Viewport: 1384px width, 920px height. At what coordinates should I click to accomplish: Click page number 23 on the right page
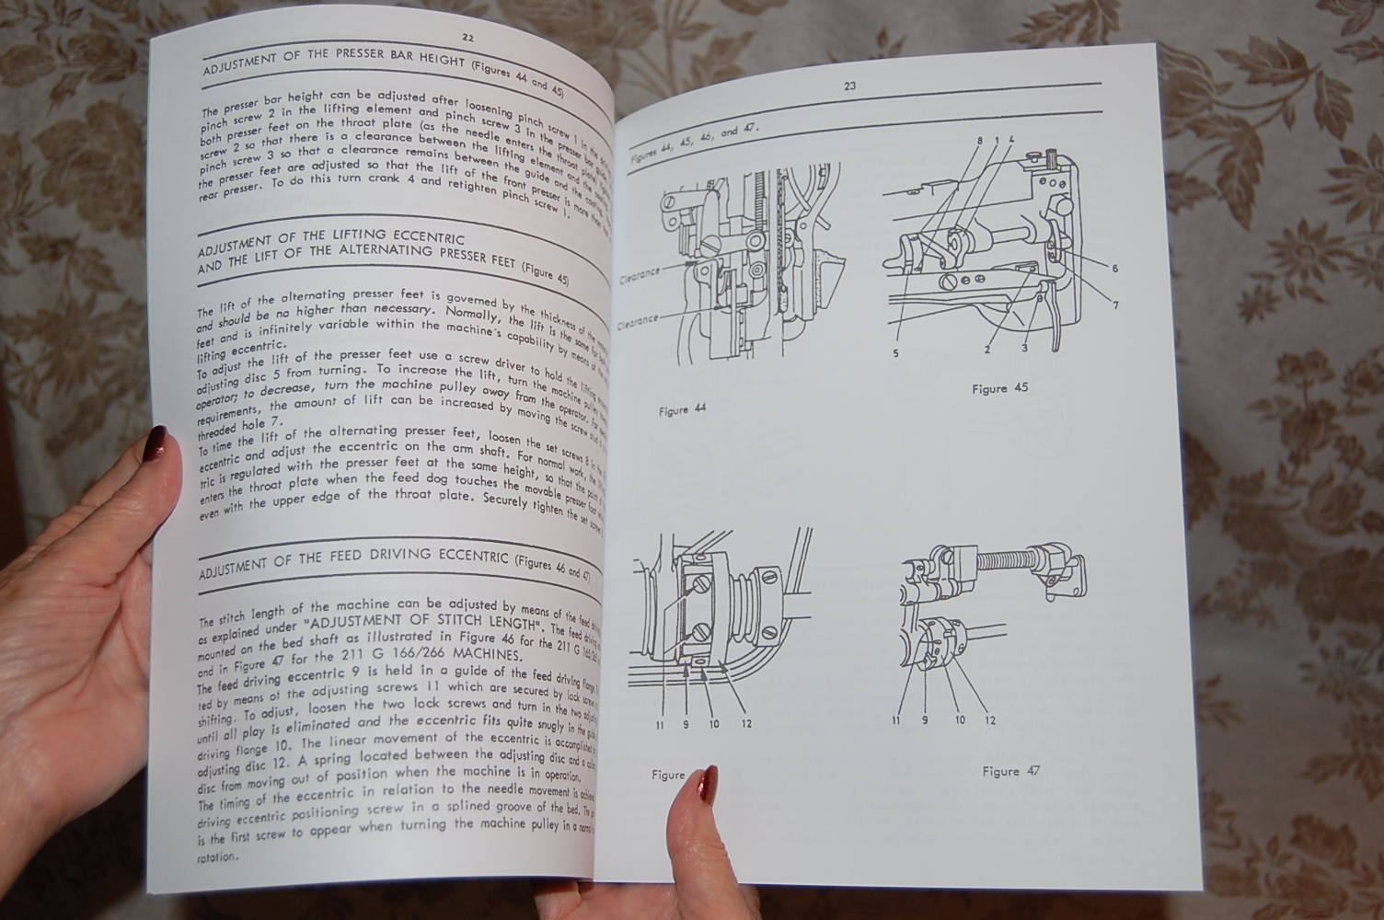(849, 86)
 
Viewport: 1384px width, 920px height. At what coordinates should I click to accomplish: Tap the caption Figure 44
(682, 410)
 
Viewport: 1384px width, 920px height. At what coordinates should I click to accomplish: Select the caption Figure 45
(999, 388)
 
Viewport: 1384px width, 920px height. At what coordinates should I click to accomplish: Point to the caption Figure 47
(1010, 771)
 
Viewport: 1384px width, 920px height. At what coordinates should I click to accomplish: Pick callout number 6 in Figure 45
(1114, 269)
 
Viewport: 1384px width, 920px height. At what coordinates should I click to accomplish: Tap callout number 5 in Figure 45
(895, 351)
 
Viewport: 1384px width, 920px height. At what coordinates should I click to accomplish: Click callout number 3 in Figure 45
(1024, 348)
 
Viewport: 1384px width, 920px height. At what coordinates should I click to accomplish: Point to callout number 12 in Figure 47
(989, 719)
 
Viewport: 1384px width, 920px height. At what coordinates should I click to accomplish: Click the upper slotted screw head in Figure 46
(701, 582)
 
